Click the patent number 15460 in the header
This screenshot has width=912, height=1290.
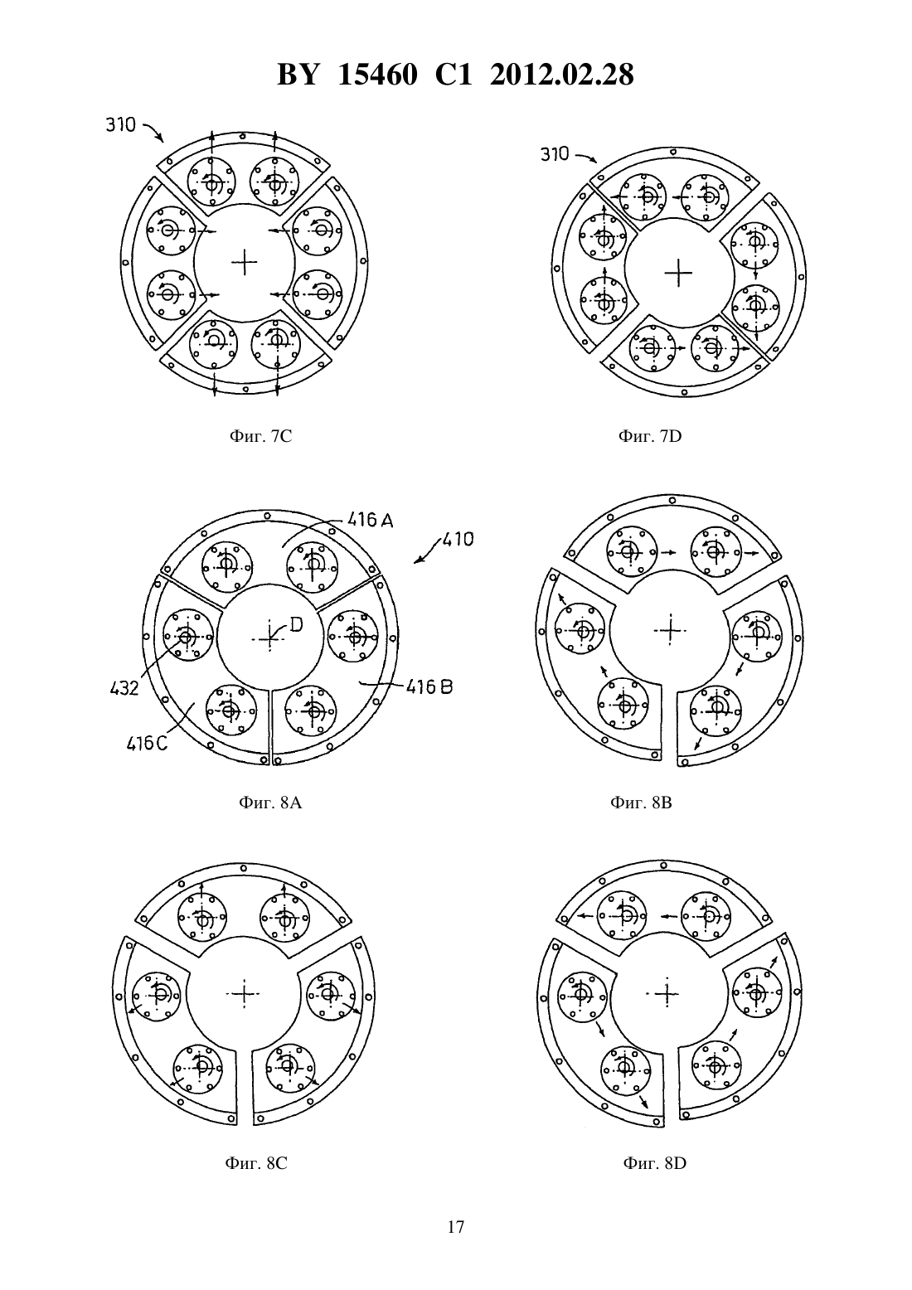[x=377, y=75]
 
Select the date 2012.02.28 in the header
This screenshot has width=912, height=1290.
[x=562, y=75]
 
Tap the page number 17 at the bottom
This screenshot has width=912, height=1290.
[x=456, y=1227]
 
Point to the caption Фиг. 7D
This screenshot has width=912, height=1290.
[x=650, y=437]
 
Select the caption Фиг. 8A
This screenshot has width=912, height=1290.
[x=270, y=803]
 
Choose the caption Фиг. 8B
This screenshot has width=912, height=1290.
[x=641, y=803]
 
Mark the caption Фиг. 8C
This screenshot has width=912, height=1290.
[x=255, y=1163]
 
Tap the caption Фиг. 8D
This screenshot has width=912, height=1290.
[x=655, y=1163]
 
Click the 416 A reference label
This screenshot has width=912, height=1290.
[x=371, y=521]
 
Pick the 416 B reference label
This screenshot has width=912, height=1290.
[x=429, y=686]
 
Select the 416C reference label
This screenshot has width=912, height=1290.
[x=147, y=744]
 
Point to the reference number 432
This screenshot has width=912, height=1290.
[x=124, y=688]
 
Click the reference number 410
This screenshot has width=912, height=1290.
[x=458, y=540]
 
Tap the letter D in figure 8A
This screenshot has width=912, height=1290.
[x=296, y=624]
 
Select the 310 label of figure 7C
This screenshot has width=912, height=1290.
[x=120, y=125]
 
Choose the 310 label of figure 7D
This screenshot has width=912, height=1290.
[x=555, y=154]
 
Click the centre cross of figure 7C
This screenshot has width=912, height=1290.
[x=245, y=263]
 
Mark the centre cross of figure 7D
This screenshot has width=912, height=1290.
[x=678, y=273]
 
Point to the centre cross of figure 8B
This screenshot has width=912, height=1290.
[x=670, y=631]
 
